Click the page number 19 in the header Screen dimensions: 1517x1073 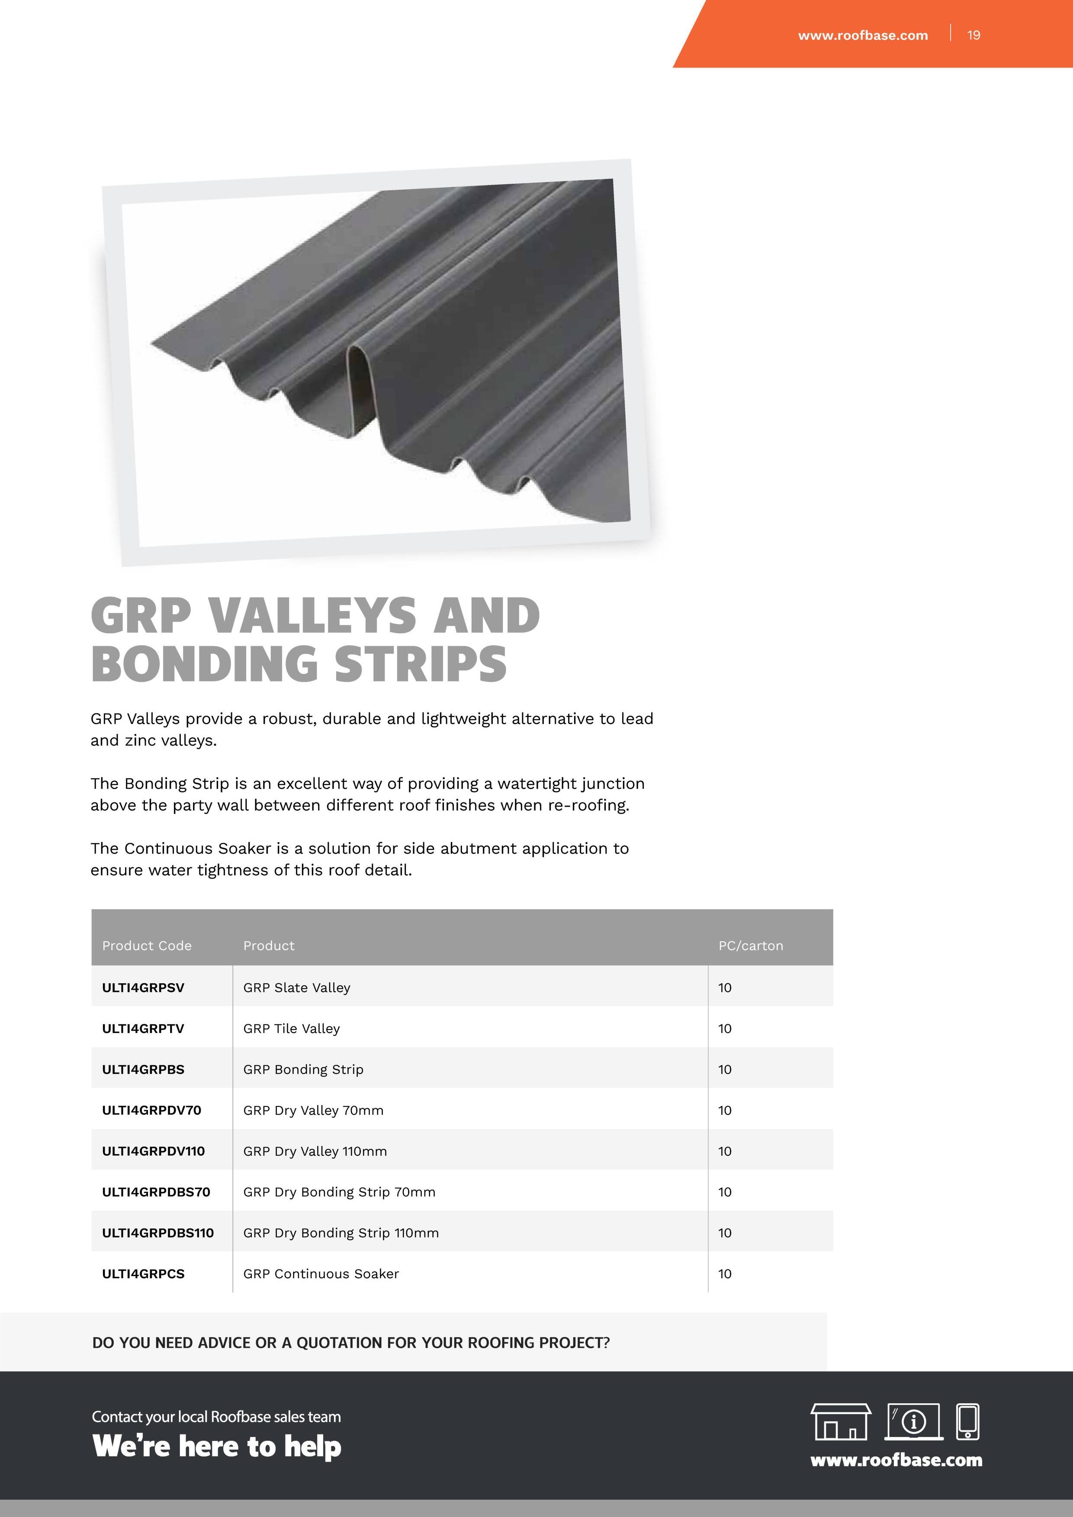(x=973, y=35)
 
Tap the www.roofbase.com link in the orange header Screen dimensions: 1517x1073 (x=862, y=35)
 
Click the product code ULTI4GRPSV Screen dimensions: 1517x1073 (x=143, y=988)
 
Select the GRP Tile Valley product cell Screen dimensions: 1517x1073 (x=291, y=1029)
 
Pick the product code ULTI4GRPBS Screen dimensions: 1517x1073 (x=143, y=1070)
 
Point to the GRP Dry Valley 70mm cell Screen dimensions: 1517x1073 (x=313, y=1111)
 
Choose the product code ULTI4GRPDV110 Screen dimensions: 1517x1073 (x=153, y=1151)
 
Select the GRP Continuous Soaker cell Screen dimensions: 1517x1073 (x=321, y=1274)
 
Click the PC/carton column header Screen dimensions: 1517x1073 (x=751, y=946)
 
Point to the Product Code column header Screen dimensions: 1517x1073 (x=147, y=946)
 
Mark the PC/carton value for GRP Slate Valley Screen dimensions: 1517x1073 (x=725, y=988)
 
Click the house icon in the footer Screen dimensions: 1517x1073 (x=840, y=1421)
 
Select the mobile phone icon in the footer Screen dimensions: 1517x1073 (x=968, y=1421)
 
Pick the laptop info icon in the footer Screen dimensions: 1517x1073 (x=914, y=1421)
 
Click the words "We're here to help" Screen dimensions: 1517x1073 (x=217, y=1446)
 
